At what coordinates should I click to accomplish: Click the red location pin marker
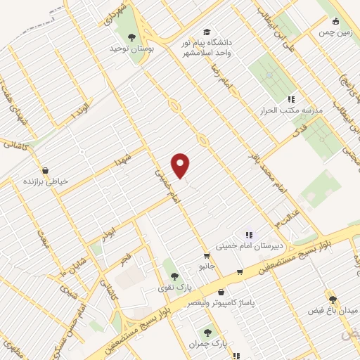pyautogui.click(x=181, y=165)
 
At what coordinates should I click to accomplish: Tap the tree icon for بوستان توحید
pyautogui.click(x=131, y=38)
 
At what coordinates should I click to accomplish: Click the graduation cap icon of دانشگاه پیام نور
pyautogui.click(x=206, y=32)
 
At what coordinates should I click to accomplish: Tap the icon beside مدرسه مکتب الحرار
pyautogui.click(x=291, y=99)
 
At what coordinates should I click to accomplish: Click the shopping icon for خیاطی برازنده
pyautogui.click(x=46, y=169)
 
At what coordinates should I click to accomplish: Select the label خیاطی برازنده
pyautogui.click(x=45, y=181)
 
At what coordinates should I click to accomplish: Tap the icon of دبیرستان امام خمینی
pyautogui.click(x=247, y=235)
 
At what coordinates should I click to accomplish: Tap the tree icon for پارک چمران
pyautogui.click(x=207, y=333)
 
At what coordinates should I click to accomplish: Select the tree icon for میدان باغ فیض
pyautogui.click(x=332, y=299)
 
